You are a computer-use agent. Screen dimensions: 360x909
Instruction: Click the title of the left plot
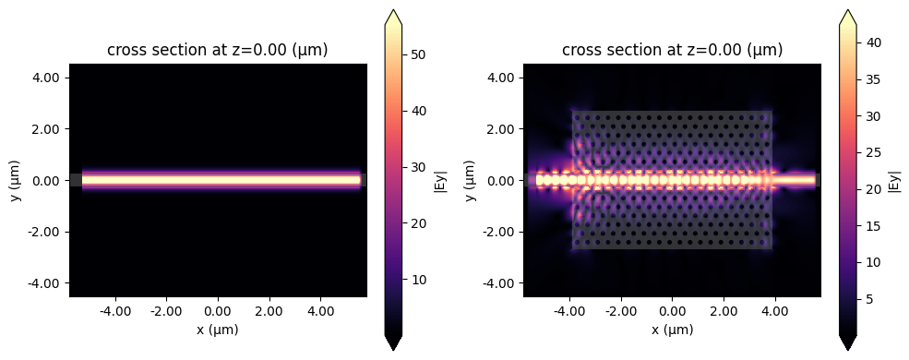[218, 51]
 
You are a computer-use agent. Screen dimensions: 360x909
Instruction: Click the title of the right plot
[673, 51]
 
